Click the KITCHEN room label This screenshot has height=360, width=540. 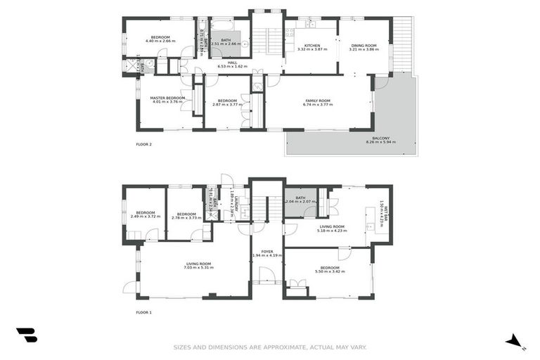point(308,45)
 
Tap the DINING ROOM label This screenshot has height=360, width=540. point(365,45)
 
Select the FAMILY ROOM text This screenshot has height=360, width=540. point(318,100)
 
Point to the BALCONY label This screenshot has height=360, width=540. point(380,138)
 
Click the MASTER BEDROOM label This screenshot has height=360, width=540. point(167,98)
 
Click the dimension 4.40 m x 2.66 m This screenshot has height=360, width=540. point(160,41)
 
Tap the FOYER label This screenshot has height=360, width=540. point(267,251)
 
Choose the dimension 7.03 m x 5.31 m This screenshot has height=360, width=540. point(198,268)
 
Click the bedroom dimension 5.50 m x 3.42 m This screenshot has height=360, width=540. point(330,271)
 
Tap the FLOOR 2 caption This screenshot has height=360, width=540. point(143,144)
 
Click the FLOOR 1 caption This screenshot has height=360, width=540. point(143,311)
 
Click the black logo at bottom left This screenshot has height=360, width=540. point(27,335)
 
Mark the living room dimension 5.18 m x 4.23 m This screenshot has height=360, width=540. point(332,231)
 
